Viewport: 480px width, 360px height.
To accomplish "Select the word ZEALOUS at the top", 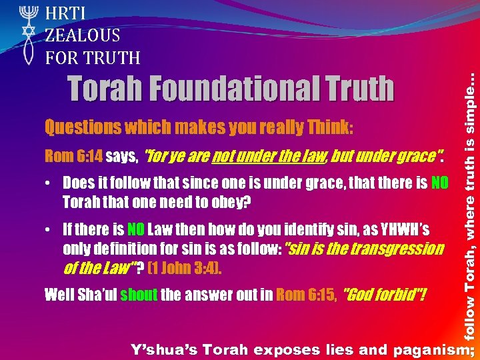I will coord(83,35).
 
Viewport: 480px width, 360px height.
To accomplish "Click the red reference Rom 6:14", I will coord(71,157).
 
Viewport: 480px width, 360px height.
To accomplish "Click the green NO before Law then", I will coord(135,230).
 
